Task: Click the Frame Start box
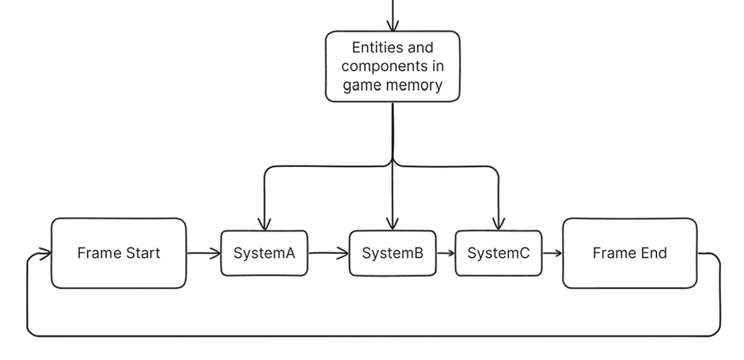119,253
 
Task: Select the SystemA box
264,253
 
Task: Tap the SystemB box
393,253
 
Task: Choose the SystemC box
499,253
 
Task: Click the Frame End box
629,253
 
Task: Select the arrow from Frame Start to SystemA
203,253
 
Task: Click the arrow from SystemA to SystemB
328,253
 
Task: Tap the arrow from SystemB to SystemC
446,253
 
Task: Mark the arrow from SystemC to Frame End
552,253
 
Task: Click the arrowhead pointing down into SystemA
264,224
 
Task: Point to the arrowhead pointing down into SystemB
393,224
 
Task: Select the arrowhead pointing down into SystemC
499,224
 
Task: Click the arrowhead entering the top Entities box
393,26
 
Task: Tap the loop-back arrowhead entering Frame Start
45,254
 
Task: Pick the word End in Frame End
652,253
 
